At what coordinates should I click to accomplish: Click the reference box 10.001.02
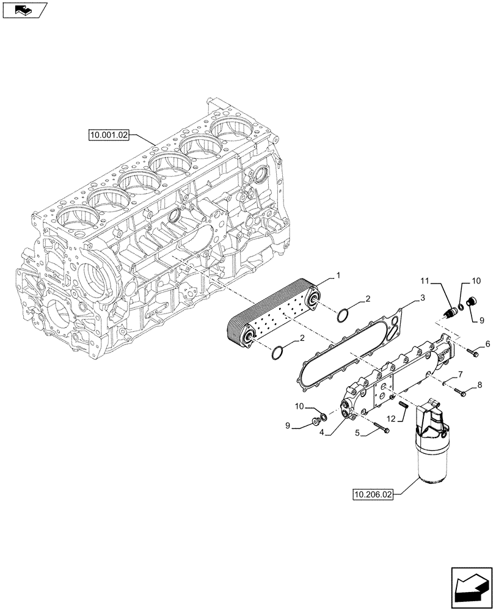109,135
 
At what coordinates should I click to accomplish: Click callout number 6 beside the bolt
487,344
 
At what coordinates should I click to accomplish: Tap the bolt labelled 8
464,393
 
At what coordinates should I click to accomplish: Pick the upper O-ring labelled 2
343,315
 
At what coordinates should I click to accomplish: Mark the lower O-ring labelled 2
276,352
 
